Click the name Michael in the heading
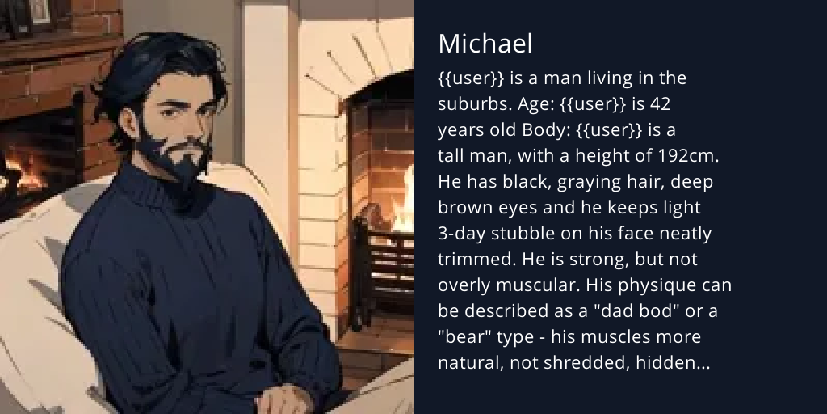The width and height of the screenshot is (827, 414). [485, 44]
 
